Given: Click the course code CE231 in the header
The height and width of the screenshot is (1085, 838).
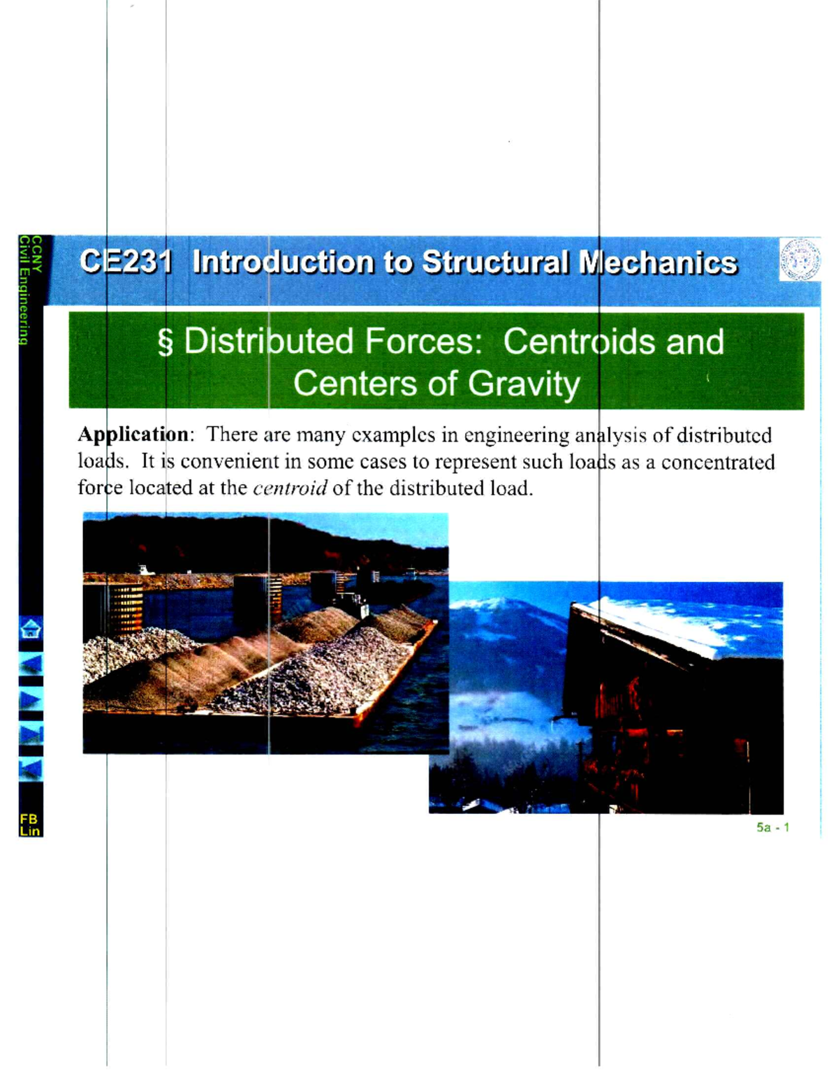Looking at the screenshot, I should [126, 262].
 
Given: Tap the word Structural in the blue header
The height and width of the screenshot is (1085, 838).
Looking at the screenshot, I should [495, 262].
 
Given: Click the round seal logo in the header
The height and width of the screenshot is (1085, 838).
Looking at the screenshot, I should [800, 259].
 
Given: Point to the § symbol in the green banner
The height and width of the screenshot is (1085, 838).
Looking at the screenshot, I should [166, 343].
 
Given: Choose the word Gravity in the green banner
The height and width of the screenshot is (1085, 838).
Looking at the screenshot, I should [524, 384].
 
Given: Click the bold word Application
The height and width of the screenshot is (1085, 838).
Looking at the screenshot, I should [133, 435].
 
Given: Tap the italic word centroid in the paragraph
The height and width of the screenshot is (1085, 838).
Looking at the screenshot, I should [290, 488].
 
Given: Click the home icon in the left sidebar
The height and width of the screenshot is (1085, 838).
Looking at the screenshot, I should [31, 629].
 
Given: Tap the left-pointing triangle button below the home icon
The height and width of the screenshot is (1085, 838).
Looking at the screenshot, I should [31, 663].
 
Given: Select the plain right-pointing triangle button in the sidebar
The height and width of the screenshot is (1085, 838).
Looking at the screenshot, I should [31, 699].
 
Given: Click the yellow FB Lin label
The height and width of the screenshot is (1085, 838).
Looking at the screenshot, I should [30, 824].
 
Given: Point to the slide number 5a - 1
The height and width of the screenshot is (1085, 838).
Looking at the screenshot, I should [772, 828].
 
